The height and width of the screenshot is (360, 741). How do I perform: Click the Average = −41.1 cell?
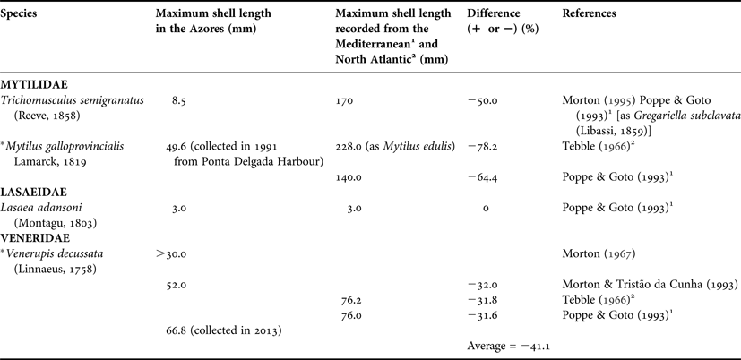(x=507, y=345)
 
